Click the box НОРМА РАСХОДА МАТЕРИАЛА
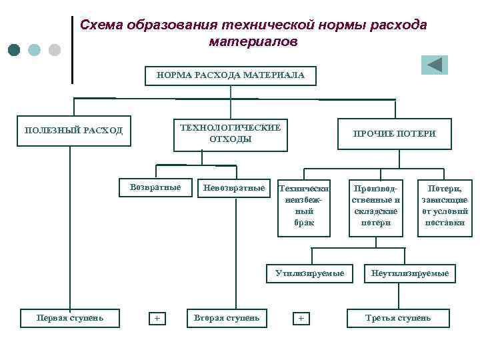coord(231,75)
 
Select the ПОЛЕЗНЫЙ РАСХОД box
coord(73,131)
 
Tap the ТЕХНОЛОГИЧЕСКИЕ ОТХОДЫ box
coord(230,133)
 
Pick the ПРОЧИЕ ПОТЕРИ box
coord(394,133)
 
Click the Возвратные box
coord(155,187)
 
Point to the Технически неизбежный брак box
coord(303,206)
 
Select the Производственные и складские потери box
coord(376,206)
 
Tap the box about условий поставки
coord(445,206)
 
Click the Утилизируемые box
coord(309,273)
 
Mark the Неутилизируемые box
coord(410,273)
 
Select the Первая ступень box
coord(70,317)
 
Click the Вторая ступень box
coord(227,317)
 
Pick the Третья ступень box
coord(398,317)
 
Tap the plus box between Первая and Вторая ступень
coord(157,318)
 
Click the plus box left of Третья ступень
coord(301,318)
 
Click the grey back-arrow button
coord(434,65)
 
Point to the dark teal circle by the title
coord(14,50)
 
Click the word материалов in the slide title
coord(253,41)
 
